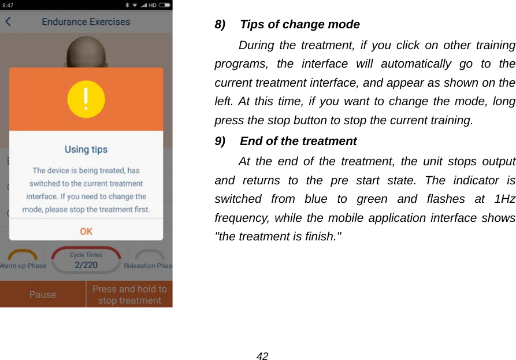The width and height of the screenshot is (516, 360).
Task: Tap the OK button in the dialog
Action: tap(86, 231)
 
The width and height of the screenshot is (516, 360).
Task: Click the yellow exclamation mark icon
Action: tap(86, 99)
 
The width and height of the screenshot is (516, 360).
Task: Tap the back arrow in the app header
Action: tap(8, 22)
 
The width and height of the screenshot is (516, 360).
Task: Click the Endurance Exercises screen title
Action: tap(86, 22)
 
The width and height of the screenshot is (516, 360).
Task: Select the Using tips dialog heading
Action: tap(86, 150)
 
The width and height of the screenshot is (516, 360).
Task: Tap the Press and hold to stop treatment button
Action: tap(129, 295)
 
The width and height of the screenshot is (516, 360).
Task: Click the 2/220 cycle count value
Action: tap(86, 265)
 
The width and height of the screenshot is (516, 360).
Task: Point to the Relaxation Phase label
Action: tap(148, 266)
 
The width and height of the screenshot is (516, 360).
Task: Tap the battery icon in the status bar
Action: tap(165, 5)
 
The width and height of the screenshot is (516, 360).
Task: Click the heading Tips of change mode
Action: tap(299, 25)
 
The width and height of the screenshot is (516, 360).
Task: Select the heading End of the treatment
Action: tap(298, 142)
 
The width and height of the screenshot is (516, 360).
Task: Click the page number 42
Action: tap(262, 356)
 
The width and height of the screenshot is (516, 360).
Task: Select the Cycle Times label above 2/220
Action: tap(86, 255)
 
